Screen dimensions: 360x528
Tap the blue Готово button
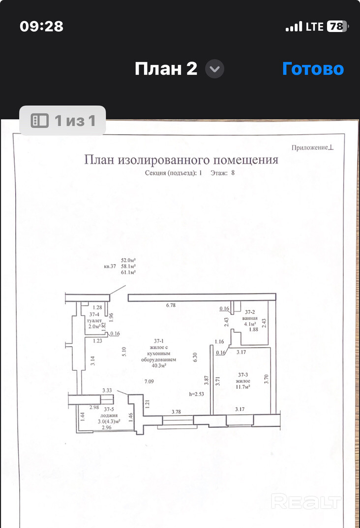point(313,69)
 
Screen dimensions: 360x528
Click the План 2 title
point(166,69)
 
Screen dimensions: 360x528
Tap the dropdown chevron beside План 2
point(214,69)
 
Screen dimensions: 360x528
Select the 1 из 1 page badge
point(62,120)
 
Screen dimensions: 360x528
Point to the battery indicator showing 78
point(336,27)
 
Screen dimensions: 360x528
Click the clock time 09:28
point(42,27)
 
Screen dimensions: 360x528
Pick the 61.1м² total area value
point(128,272)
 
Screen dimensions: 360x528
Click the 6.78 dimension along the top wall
point(171,305)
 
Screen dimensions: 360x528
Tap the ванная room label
point(250,318)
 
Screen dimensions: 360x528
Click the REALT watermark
point(306,502)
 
